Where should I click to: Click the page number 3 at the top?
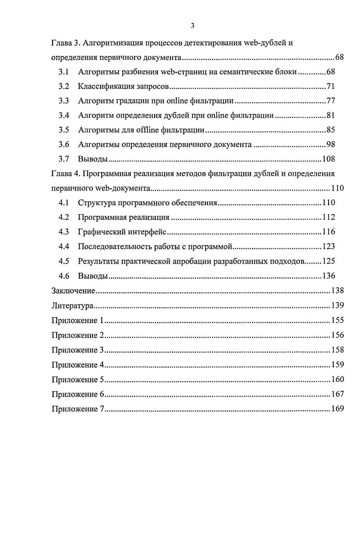tap(193, 26)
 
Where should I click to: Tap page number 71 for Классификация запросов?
tap(330, 87)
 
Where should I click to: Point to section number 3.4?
tap(63, 116)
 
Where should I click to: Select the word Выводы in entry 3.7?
tap(93, 159)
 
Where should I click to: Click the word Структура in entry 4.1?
tap(96, 202)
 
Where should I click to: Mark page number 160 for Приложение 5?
tap(337, 379)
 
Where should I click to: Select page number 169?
tap(337, 408)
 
